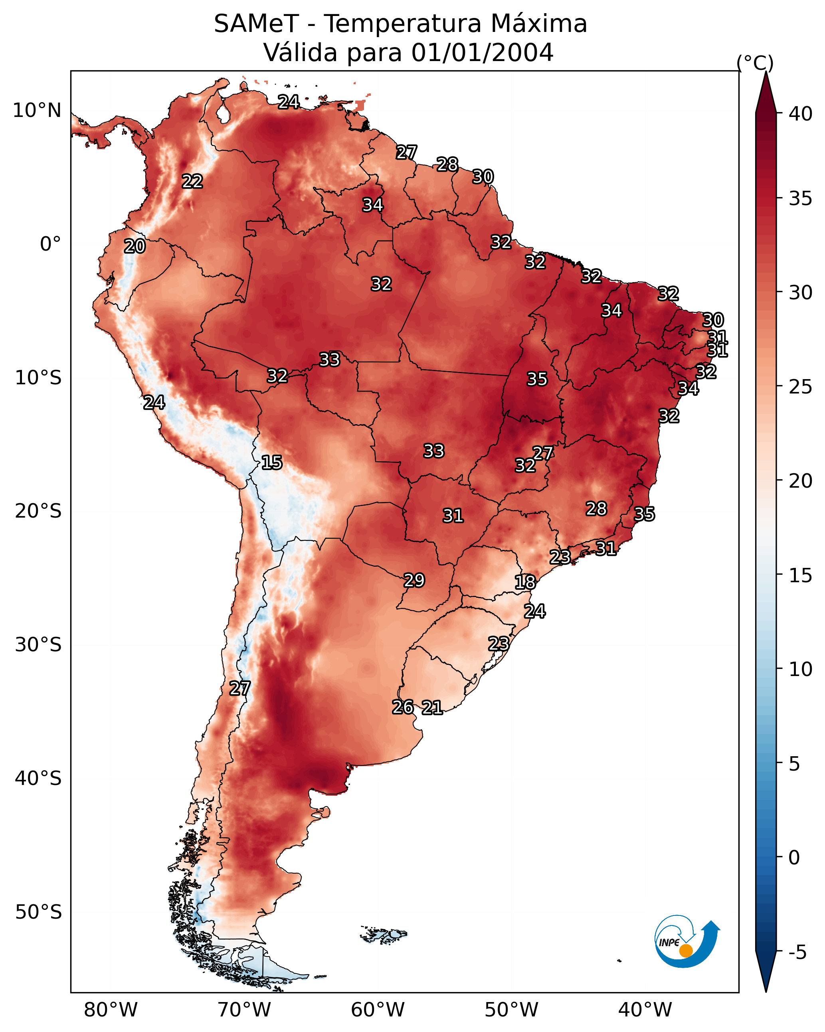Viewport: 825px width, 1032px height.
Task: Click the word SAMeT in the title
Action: click(256, 24)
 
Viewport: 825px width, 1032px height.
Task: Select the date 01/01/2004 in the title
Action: click(482, 53)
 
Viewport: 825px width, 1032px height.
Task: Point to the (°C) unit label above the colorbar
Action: click(755, 63)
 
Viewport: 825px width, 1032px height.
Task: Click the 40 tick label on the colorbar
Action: click(801, 114)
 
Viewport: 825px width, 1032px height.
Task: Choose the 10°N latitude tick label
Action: click(37, 111)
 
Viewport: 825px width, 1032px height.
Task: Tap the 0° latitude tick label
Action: click(50, 244)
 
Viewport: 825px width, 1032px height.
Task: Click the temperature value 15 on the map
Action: click(271, 463)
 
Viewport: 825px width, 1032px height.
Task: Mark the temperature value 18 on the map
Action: click(525, 582)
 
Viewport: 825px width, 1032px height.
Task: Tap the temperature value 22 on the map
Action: click(192, 182)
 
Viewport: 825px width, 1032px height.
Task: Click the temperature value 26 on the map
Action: click(403, 707)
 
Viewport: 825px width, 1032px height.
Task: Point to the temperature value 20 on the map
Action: click(135, 247)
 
